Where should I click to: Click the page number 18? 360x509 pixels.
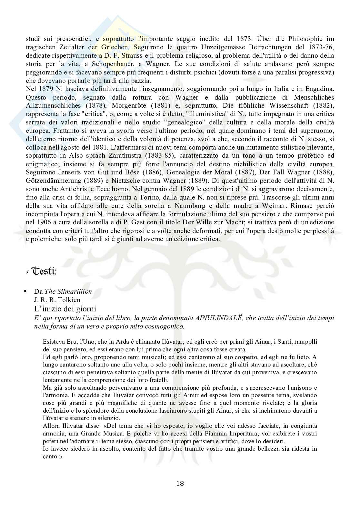tap(180, 483)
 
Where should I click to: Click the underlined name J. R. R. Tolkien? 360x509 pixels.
tap(57, 300)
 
